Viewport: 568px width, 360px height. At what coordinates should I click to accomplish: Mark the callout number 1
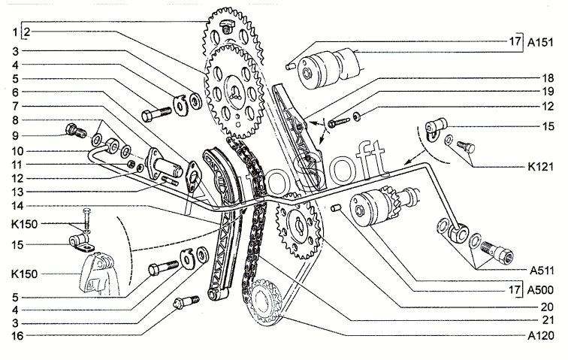click(x=14, y=33)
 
